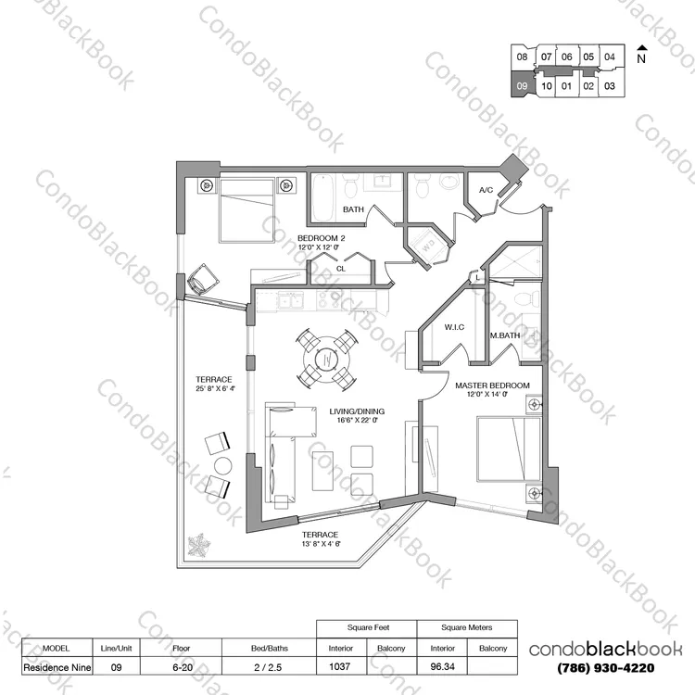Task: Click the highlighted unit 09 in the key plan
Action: [x=522, y=84]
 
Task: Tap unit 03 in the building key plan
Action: [x=610, y=85]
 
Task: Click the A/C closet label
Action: [x=486, y=190]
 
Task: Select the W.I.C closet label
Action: [x=454, y=327]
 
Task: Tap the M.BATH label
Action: [x=505, y=335]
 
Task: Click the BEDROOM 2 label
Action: [x=321, y=238]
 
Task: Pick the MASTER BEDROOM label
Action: [x=492, y=385]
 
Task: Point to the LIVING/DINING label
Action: [x=357, y=411]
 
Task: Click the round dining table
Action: [x=326, y=359]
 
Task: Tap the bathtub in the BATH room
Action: [x=322, y=196]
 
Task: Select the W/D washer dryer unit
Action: [x=428, y=246]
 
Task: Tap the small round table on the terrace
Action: [x=223, y=465]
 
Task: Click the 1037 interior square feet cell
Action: [x=340, y=666]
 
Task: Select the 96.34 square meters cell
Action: [x=442, y=666]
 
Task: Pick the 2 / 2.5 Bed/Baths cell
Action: [x=268, y=666]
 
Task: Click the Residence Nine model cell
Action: [x=57, y=666]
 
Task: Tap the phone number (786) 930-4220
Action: [x=605, y=667]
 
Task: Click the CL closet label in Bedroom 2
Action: [x=341, y=269]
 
